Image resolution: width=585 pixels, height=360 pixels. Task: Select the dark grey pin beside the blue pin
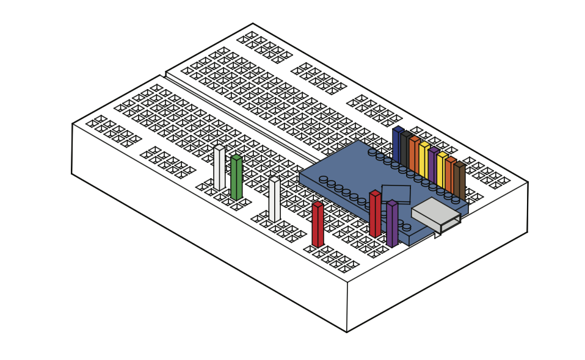406,150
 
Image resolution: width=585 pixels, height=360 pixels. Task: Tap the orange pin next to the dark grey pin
415,156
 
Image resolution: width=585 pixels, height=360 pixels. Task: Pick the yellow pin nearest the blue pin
424,160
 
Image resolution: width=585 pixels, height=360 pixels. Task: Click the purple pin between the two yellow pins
433,166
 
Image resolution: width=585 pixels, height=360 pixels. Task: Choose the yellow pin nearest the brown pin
441,171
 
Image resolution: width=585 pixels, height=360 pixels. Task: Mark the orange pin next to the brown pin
450,176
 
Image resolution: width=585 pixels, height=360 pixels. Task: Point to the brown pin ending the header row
459,181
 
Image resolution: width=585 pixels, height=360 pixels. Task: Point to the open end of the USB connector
451,223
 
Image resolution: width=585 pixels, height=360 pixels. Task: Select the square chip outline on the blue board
396,193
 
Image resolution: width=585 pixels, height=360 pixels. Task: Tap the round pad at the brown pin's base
456,200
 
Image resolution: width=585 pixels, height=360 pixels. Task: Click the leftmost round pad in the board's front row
323,179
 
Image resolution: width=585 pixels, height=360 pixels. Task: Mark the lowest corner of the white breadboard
347,332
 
